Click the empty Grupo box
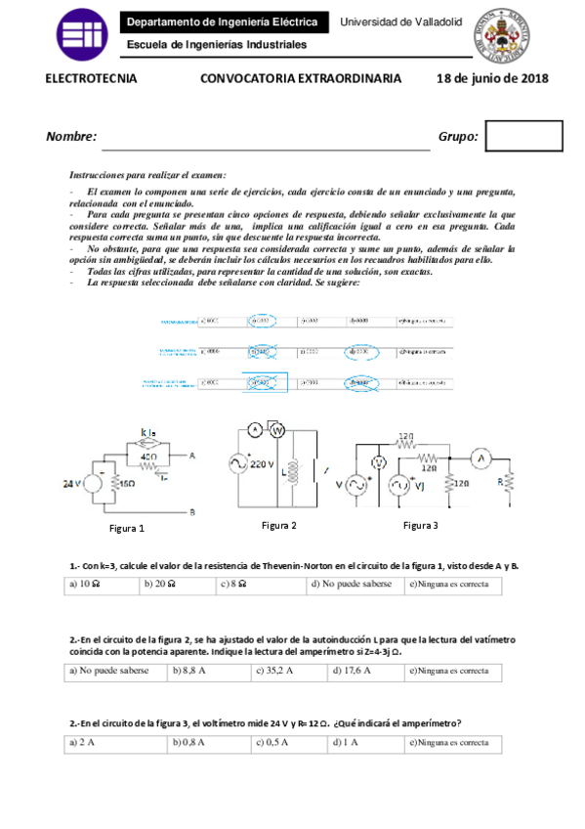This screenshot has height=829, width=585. tap(523, 136)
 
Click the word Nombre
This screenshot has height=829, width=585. tap(71, 137)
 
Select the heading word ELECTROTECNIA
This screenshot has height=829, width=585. tap(92, 79)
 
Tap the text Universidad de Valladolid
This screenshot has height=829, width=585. tap(400, 22)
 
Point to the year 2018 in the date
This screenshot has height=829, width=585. tap(533, 79)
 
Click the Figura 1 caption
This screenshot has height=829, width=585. tap(126, 528)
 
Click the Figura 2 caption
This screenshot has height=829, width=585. tap(278, 525)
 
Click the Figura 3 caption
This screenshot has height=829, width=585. tap(421, 525)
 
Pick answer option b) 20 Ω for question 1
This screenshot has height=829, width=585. tap(160, 585)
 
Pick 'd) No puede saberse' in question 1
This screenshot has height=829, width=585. tap(352, 585)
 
